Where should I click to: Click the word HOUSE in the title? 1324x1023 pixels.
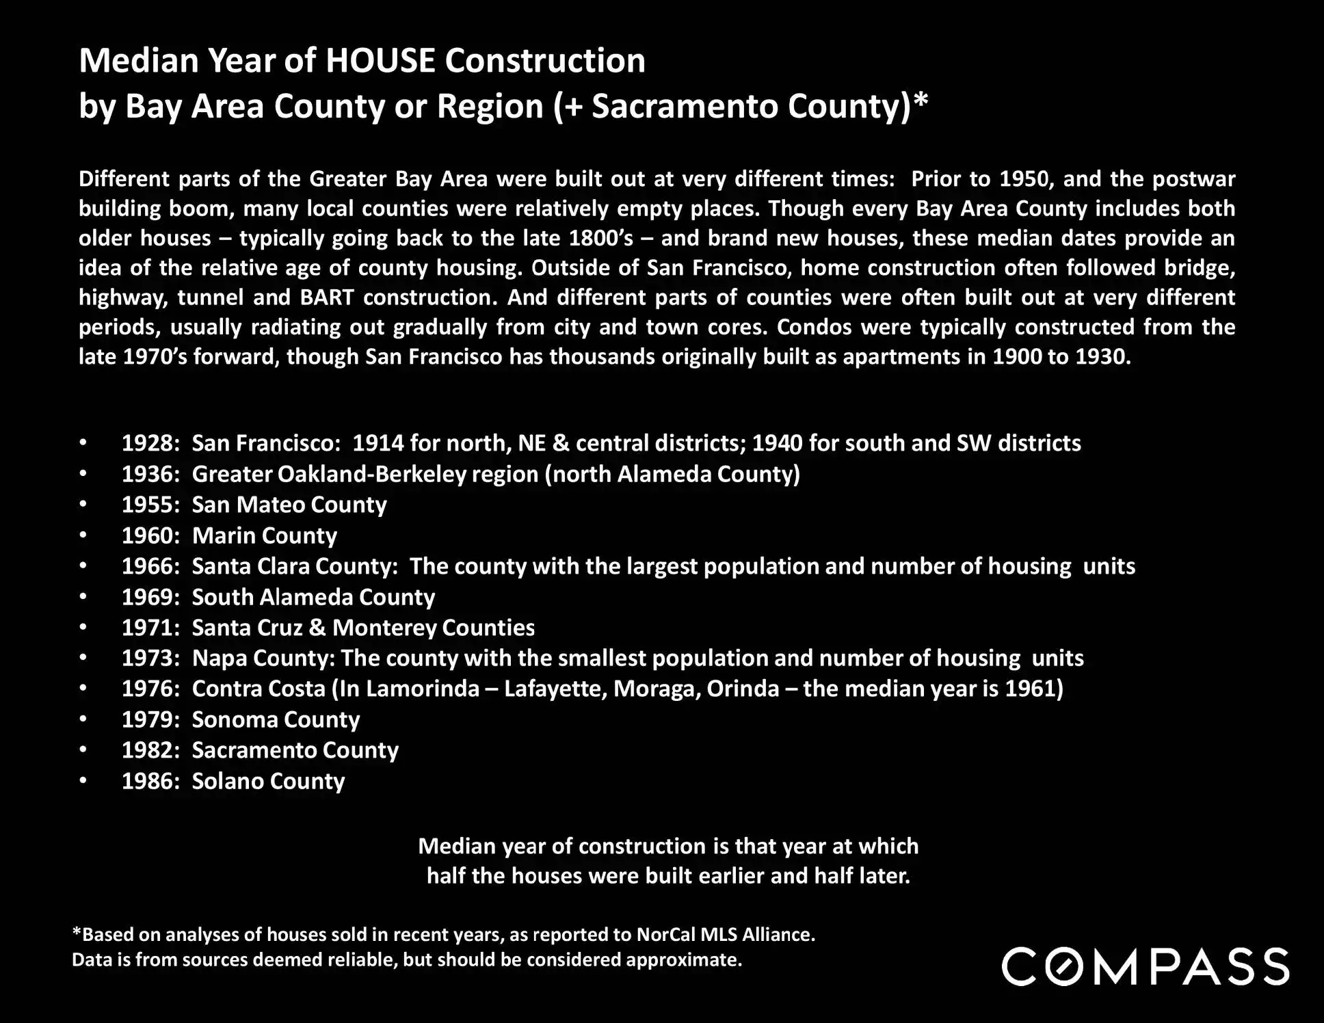point(380,60)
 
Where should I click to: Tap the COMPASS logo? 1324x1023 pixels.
point(1146,966)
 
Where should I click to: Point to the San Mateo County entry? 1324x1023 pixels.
point(289,505)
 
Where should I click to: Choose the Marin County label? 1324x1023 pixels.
point(264,535)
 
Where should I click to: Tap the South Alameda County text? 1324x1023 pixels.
point(313,597)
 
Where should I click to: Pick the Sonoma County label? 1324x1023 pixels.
point(275,719)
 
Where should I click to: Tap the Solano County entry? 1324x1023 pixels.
point(268,781)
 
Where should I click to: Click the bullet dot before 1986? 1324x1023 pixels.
point(83,781)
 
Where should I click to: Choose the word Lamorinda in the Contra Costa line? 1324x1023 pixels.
point(422,688)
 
